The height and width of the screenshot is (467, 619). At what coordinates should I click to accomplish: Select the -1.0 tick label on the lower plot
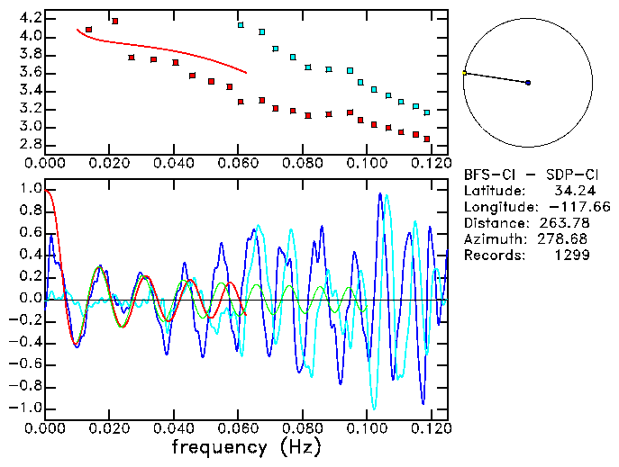[x=26, y=408]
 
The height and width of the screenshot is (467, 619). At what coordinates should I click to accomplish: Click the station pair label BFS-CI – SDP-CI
[x=530, y=175]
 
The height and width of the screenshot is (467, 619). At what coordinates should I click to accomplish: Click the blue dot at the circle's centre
[x=528, y=83]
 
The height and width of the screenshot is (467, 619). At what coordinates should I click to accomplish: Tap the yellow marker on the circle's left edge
[x=464, y=73]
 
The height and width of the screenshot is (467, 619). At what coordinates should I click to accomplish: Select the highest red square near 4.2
[x=114, y=21]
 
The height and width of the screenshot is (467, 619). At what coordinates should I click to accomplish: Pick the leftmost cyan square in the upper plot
[x=241, y=25]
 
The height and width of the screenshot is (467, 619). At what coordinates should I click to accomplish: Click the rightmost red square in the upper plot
[x=426, y=139]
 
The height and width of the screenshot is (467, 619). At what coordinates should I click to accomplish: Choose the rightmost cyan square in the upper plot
[x=426, y=112]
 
